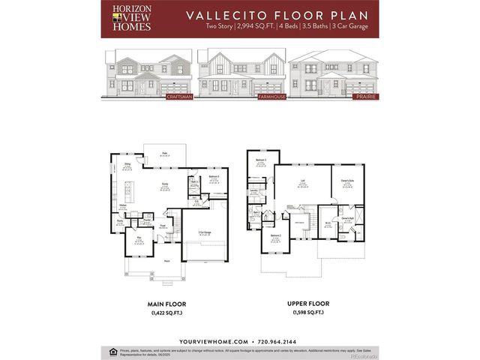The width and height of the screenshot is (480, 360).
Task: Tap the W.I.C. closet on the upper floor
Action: click(x=328, y=223)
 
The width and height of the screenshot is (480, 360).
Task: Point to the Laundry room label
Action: click(x=254, y=191)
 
